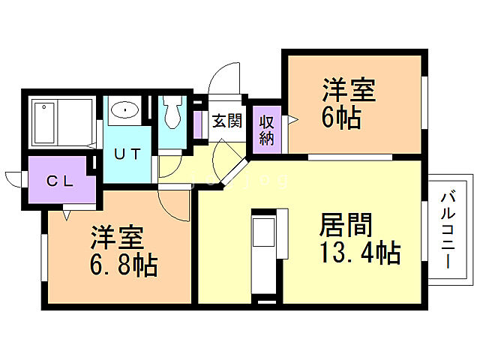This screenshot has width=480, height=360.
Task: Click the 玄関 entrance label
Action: point(226,121)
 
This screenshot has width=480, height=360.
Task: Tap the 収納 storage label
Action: point(265,128)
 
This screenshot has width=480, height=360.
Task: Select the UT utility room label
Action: point(127,154)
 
